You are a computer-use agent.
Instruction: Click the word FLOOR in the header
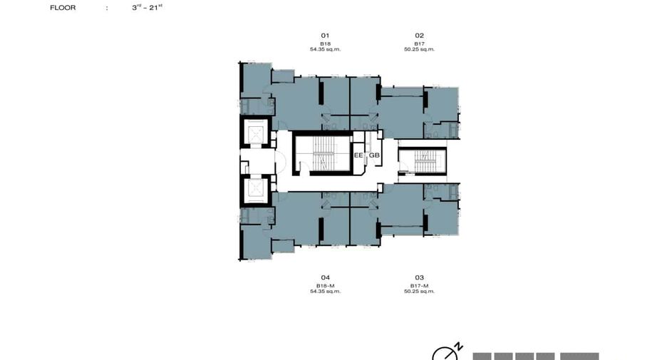click(x=63, y=8)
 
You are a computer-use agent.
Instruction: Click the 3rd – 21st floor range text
click(x=148, y=7)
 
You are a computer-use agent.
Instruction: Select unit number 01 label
click(x=325, y=36)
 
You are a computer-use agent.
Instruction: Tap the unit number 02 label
click(x=420, y=36)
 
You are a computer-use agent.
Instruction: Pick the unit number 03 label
click(x=420, y=277)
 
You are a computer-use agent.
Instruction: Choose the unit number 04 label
click(x=326, y=277)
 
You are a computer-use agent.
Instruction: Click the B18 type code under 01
click(x=326, y=43)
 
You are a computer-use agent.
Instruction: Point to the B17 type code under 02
click(x=420, y=43)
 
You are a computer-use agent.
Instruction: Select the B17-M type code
click(x=420, y=286)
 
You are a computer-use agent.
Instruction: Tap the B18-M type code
click(x=326, y=286)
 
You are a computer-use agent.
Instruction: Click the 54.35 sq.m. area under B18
click(x=326, y=49)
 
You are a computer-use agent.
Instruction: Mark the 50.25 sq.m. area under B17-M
click(x=420, y=292)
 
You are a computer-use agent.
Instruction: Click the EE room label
click(x=358, y=155)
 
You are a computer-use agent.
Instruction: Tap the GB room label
click(x=374, y=155)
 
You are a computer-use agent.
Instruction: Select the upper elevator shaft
click(x=256, y=133)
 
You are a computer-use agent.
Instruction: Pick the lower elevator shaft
click(x=256, y=190)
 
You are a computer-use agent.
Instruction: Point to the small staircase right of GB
click(x=423, y=161)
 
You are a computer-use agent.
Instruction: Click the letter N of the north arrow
click(x=459, y=346)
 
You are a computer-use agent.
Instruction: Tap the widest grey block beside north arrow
click(x=579, y=356)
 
